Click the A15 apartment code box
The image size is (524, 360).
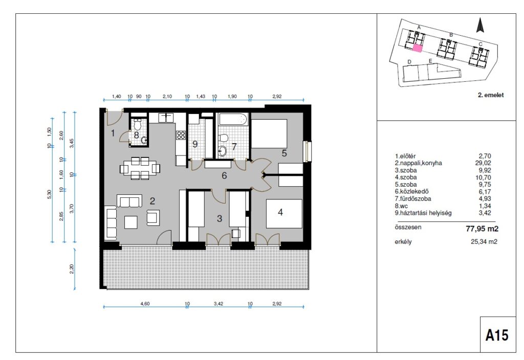[498, 334]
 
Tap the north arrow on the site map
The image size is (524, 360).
[480, 25]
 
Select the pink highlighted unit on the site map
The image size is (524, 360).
[418, 48]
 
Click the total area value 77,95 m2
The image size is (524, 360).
[482, 229]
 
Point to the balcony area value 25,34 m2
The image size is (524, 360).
[484, 241]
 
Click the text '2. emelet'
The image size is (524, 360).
[491, 95]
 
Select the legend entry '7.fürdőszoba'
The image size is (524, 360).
[413, 199]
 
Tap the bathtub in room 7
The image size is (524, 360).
[233, 119]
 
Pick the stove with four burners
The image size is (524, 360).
[181, 135]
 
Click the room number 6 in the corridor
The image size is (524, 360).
[224, 175]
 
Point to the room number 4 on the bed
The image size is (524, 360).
[280, 212]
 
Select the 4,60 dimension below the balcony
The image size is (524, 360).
[145, 304]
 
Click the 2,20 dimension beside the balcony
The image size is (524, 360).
[71, 269]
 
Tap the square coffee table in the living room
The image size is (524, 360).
[130, 222]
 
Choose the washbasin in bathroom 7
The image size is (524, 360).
[222, 151]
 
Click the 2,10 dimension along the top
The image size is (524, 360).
[167, 97]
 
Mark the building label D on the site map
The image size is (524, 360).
[409, 62]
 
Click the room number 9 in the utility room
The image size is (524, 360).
[195, 144]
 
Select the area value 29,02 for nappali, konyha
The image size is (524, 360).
[483, 163]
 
